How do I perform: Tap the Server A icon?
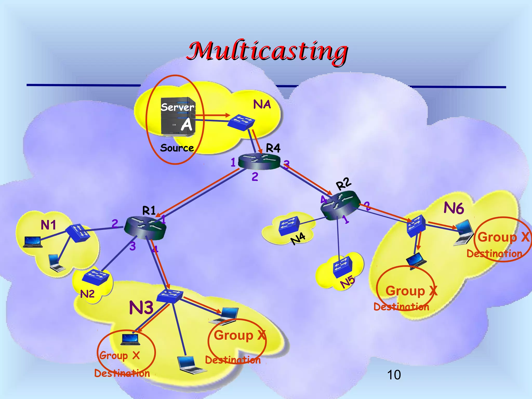[178, 116]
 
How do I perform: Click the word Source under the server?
[177, 148]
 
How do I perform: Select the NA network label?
[262, 104]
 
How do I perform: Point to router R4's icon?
[259, 161]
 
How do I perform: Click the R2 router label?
[343, 184]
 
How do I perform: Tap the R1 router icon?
[145, 228]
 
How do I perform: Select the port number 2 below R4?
[255, 177]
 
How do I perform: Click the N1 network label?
[48, 225]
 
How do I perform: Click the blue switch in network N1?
[77, 233]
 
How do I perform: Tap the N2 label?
[87, 294]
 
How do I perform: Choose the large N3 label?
[141, 308]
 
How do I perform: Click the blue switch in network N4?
[289, 225]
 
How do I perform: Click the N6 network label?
[454, 208]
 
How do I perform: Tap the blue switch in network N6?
[416, 225]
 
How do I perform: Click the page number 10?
[394, 375]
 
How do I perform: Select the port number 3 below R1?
[132, 246]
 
